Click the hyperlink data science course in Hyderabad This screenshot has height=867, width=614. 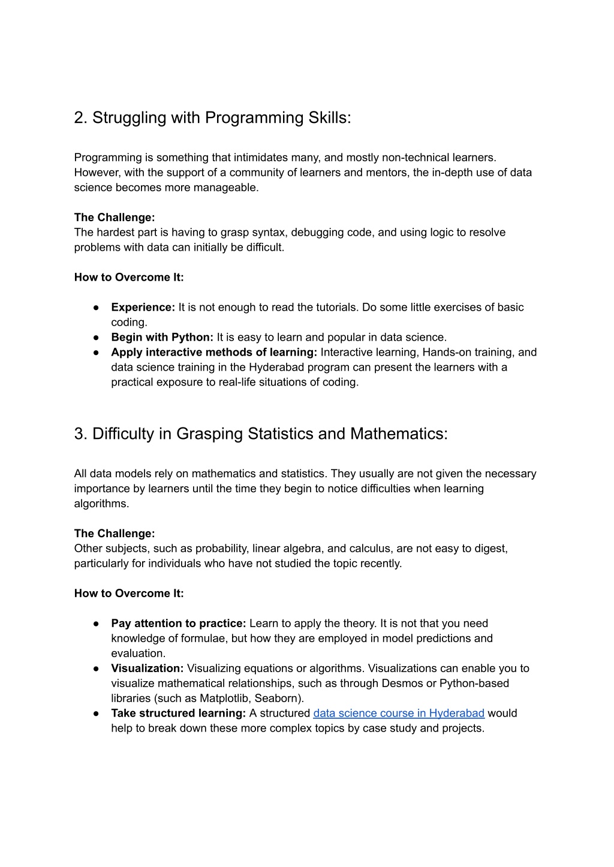pos(398,713)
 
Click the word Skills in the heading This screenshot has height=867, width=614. pos(329,118)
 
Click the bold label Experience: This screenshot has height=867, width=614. pos(143,307)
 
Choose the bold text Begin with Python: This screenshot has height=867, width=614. pos(162,337)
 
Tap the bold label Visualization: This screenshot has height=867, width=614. pos(148,668)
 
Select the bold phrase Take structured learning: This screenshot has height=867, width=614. pos(178,713)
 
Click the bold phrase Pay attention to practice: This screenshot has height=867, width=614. pos(178,623)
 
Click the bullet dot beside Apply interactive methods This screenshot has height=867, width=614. pos(96,353)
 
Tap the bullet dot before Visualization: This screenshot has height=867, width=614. pos(96,669)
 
